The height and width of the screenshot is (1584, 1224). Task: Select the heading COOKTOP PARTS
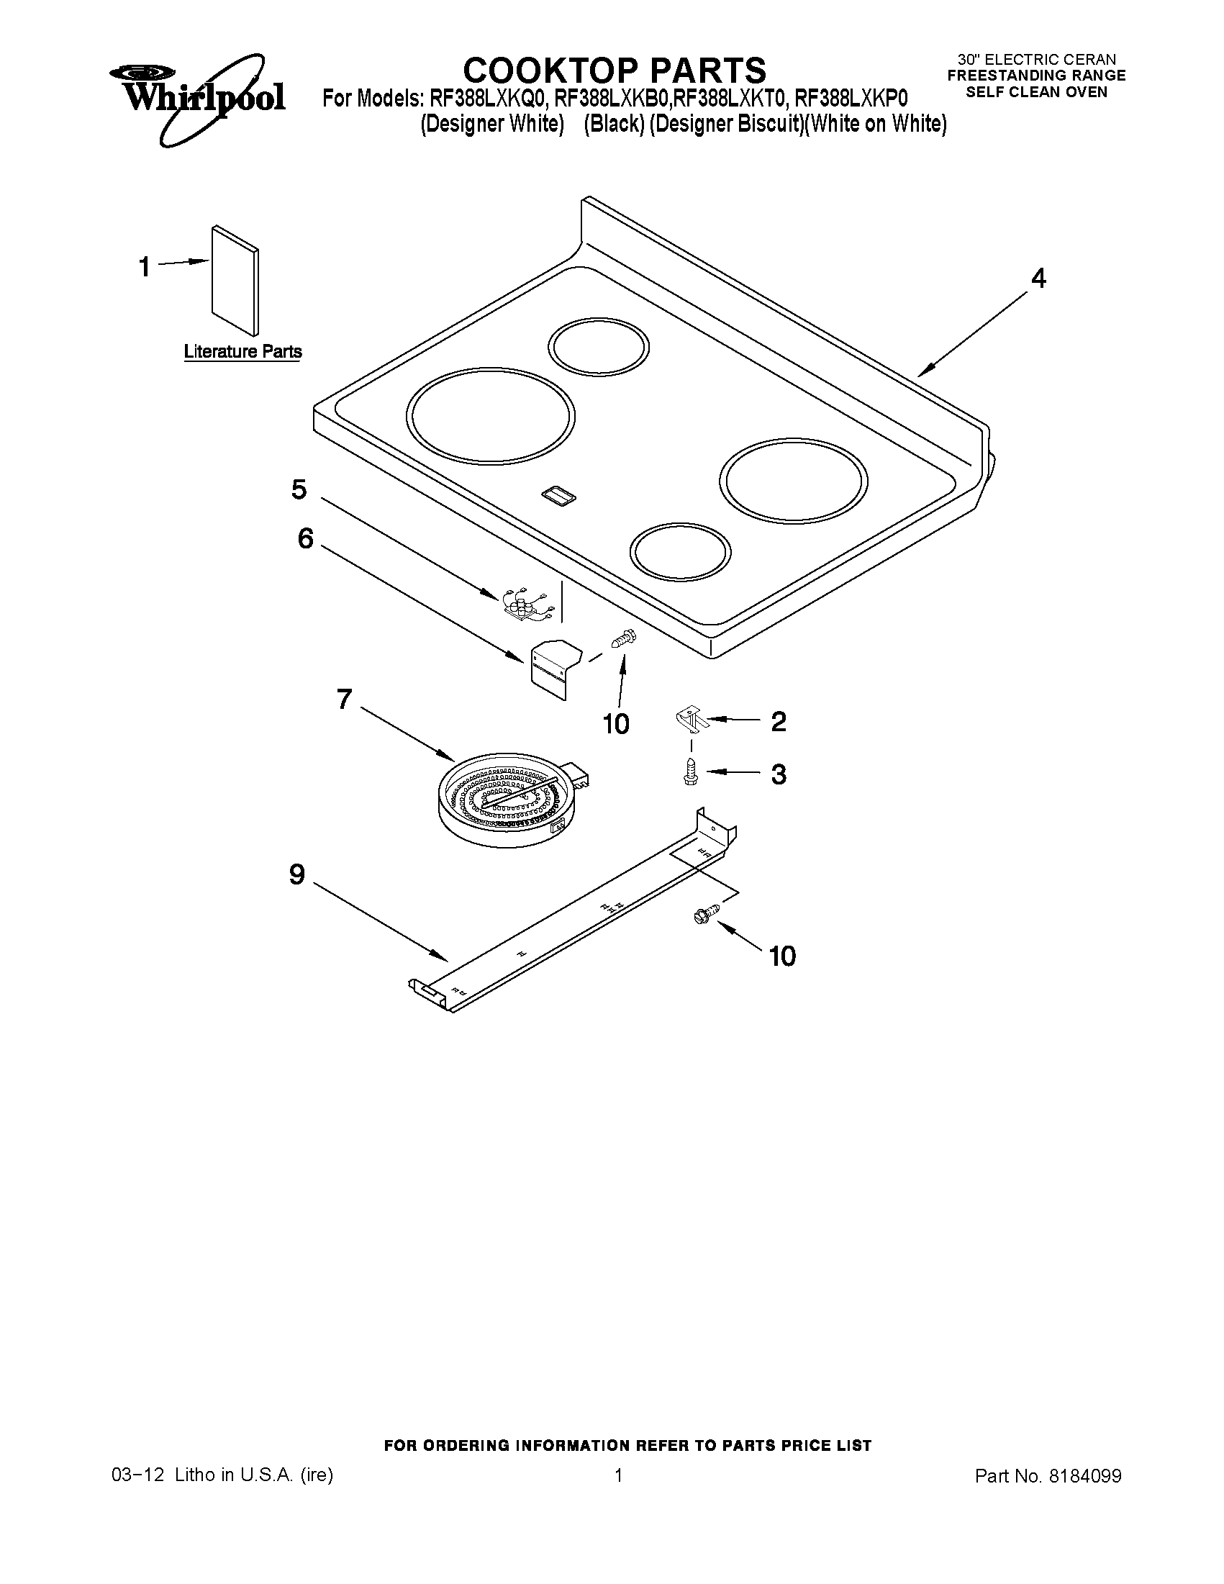pyautogui.click(x=615, y=71)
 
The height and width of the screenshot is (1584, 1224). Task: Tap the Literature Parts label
pyautogui.click(x=243, y=352)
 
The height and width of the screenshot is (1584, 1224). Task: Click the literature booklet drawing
pyautogui.click(x=235, y=281)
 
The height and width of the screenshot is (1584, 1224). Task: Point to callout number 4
pyautogui.click(x=1038, y=279)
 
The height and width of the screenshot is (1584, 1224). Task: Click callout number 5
pyautogui.click(x=299, y=489)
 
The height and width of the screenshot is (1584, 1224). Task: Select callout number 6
pyautogui.click(x=305, y=538)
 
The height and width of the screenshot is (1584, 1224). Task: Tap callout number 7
pyautogui.click(x=344, y=700)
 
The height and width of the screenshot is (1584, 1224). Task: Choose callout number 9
pyautogui.click(x=297, y=874)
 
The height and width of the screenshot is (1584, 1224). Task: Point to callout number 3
pyautogui.click(x=778, y=774)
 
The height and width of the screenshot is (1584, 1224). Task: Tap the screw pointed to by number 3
pyautogui.click(x=690, y=771)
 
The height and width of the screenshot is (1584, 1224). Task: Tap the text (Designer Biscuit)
pyautogui.click(x=726, y=124)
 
